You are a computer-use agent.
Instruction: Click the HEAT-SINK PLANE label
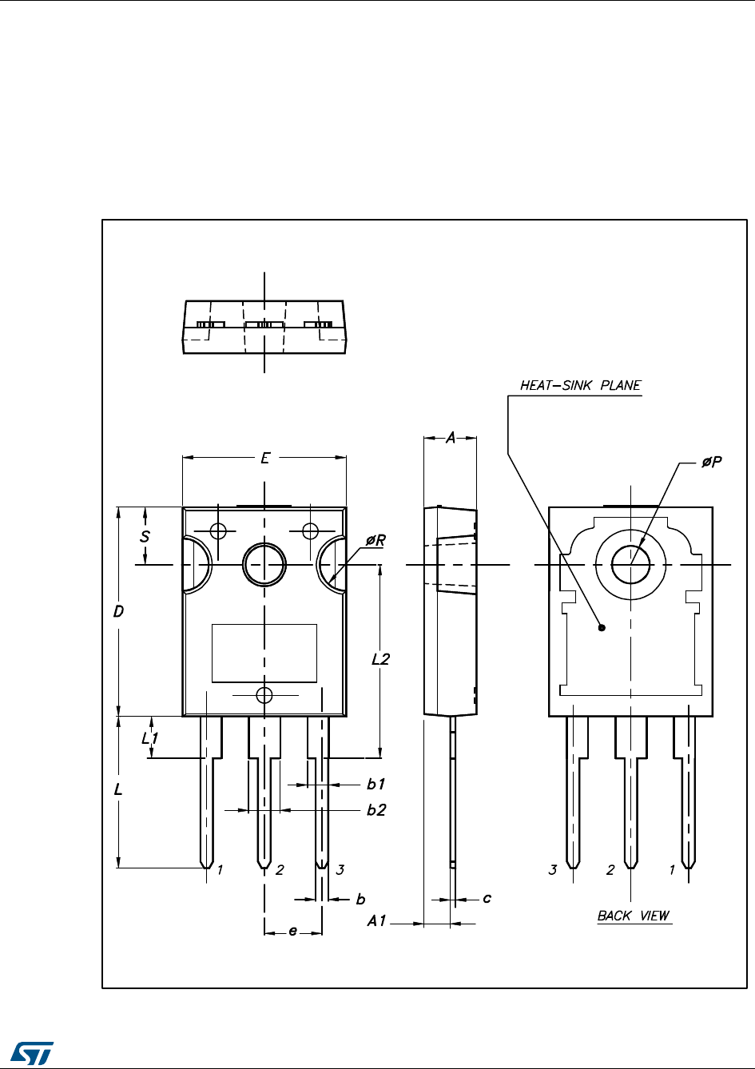580,385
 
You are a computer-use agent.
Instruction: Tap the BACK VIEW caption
634,916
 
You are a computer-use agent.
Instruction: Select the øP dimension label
711,463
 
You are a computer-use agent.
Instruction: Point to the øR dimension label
376,540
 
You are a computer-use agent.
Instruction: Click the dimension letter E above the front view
265,458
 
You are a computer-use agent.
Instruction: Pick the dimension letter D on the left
118,611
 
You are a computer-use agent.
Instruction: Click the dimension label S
145,537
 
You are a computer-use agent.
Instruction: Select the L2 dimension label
381,659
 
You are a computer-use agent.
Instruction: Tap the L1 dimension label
149,739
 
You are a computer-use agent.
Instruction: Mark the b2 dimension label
376,810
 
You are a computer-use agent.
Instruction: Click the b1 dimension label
376,785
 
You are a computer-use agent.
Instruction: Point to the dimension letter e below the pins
292,932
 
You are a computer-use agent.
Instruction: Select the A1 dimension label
376,922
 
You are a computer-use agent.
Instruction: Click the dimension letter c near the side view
487,899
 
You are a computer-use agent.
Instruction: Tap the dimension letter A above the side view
450,438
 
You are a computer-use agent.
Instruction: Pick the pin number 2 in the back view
610,870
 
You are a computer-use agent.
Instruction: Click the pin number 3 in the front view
340,870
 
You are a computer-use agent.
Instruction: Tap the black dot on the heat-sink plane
602,628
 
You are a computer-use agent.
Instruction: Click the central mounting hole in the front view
264,564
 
